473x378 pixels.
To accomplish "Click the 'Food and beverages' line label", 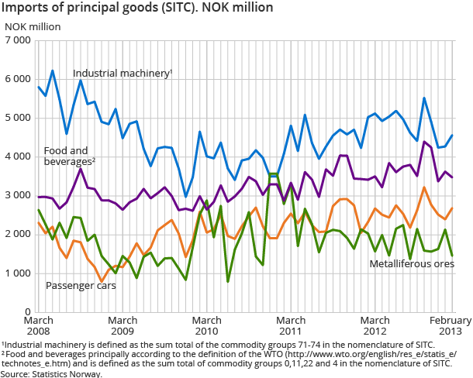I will pos(65,156).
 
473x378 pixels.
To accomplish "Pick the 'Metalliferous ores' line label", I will pos(411,263).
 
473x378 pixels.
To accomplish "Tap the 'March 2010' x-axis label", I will pos(206,326).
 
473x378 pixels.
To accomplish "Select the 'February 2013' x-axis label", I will pos(450,326).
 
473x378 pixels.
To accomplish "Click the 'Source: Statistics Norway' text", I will pos(51,373).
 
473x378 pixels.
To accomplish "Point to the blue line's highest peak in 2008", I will pos(52,70).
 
